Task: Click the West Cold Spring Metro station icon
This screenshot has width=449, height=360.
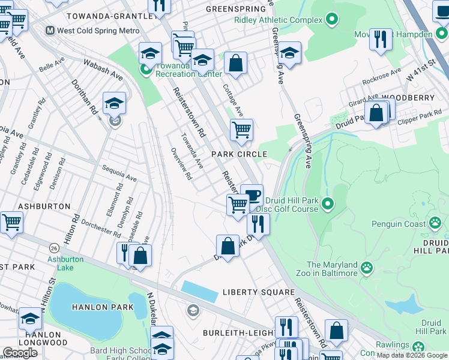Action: (51, 30)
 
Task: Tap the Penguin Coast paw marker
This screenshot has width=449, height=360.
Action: (435, 224)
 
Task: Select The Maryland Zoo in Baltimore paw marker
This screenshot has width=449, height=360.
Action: (366, 265)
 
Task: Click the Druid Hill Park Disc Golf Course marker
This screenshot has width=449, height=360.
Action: (327, 205)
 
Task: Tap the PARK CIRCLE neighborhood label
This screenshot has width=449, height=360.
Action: (238, 154)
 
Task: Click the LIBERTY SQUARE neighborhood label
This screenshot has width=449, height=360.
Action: (259, 292)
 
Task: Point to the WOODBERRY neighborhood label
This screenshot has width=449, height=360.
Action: (408, 97)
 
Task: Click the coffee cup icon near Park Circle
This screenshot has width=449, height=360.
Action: (252, 194)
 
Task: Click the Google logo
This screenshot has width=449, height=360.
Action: (20, 352)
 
